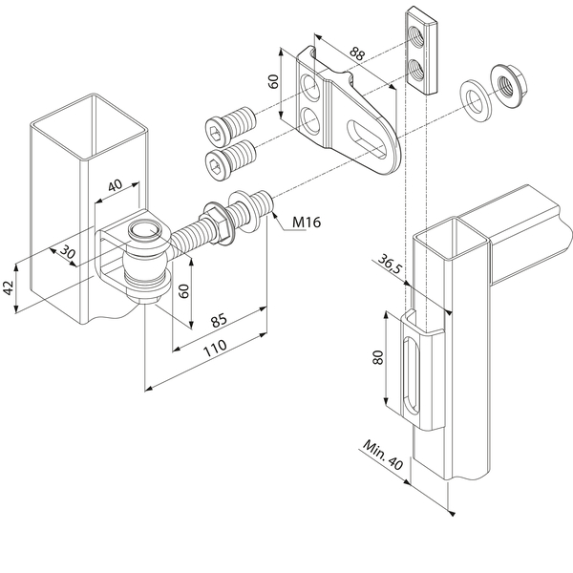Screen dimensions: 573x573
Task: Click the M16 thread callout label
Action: tap(307, 222)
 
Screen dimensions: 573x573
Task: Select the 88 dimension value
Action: tap(357, 53)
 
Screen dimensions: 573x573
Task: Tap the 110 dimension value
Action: tap(215, 348)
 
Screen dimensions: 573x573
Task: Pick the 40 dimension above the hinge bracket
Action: tap(116, 185)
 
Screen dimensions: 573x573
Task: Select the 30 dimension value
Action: tap(68, 251)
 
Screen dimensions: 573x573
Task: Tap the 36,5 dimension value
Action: tap(390, 264)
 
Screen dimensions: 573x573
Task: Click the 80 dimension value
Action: tap(378, 357)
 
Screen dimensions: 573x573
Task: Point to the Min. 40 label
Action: tap(383, 455)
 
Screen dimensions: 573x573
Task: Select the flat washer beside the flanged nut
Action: tap(477, 101)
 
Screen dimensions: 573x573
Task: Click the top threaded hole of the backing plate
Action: tap(415, 36)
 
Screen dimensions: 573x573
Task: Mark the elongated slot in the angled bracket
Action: tap(367, 139)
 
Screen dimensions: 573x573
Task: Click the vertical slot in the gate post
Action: tap(411, 376)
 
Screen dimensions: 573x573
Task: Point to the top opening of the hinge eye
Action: tap(145, 229)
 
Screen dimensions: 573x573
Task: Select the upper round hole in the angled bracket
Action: tap(309, 87)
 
